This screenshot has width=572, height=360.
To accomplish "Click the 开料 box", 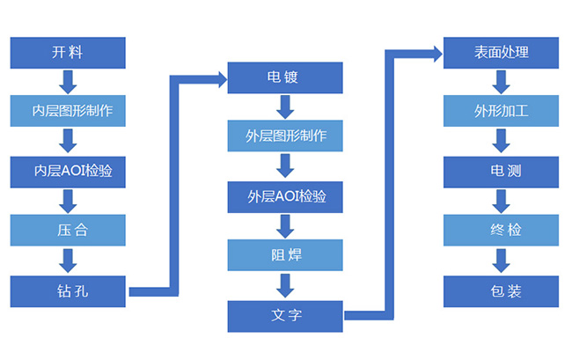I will [x=68, y=53].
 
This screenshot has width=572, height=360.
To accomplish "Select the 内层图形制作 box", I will [x=68, y=112].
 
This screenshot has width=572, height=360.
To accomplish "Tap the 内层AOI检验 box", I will [x=68, y=171].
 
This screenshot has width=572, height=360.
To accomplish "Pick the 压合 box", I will [x=68, y=231].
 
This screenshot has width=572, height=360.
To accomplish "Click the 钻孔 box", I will [x=68, y=290].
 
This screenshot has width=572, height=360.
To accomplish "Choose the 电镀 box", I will [x=284, y=77].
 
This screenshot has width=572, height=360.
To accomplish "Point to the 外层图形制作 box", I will [x=284, y=136].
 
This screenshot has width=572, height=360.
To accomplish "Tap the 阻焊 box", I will [x=284, y=255].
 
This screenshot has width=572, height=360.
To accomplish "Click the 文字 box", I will [x=284, y=314].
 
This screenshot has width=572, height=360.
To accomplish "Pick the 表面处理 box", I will [x=500, y=53].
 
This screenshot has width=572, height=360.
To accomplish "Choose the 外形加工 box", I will [x=500, y=112].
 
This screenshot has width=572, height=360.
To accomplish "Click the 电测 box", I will [x=500, y=171].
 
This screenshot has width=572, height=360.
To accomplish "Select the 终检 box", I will [x=500, y=231].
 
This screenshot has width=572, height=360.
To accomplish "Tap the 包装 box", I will [x=500, y=290].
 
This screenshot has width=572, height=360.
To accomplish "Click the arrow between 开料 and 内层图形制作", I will [x=68, y=83].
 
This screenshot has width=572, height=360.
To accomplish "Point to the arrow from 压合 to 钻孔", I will [x=68, y=261].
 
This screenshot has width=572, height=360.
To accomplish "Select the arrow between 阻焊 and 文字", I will [x=284, y=285].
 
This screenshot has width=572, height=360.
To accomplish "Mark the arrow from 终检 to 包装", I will [x=500, y=261].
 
